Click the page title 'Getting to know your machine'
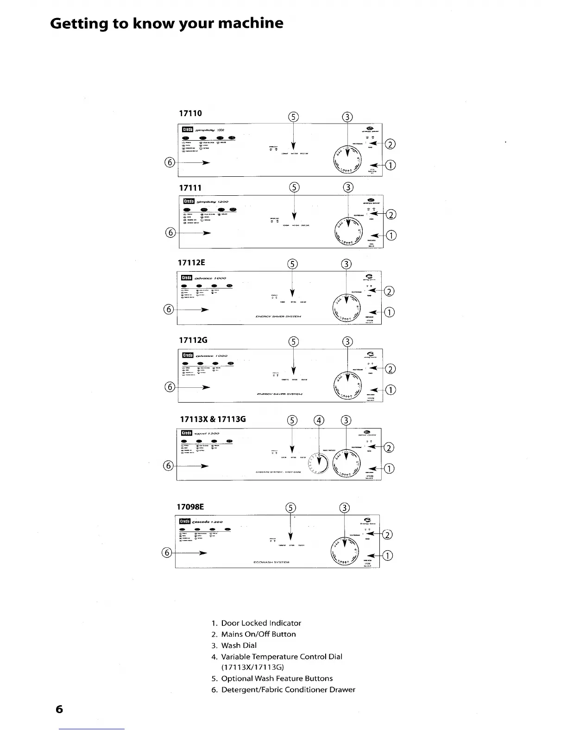coord(167,23)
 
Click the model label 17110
coord(190,113)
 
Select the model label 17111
coord(190,188)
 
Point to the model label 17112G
coord(193,340)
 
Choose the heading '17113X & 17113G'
coord(213,419)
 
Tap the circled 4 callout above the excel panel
coord(319,421)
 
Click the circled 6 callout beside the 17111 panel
coord(170,233)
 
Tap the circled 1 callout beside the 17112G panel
coord(391,390)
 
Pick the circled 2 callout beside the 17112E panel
coord(390,291)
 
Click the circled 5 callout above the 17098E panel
coord(290,507)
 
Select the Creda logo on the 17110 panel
coord(187,130)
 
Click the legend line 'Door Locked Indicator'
coord(261,623)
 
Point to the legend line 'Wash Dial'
coord(239,645)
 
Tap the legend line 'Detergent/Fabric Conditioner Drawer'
coord(288,690)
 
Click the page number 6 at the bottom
coord(59,709)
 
